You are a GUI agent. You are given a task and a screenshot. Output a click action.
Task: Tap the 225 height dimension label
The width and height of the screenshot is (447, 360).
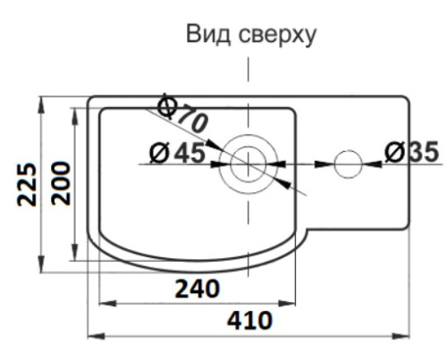click(29, 184)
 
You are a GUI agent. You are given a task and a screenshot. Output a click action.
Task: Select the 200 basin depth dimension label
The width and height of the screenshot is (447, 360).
click(60, 184)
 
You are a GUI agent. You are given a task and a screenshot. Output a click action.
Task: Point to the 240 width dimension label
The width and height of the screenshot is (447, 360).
click(198, 289)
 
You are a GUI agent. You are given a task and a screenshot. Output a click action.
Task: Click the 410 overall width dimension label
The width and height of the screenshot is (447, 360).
click(250, 319)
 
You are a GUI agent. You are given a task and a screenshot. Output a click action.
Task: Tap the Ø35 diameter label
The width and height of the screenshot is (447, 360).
click(412, 153)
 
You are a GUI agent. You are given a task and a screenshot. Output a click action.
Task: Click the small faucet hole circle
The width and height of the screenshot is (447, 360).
click(347, 163)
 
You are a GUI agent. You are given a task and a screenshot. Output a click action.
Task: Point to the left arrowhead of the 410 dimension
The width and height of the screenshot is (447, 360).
click(94, 335)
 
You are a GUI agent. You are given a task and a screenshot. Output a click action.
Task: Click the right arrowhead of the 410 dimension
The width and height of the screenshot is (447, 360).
click(404, 335)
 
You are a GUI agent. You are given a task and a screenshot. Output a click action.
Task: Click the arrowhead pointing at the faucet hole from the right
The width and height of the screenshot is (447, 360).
click(368, 163)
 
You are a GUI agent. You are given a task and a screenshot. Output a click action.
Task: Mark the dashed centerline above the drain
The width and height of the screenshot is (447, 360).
click(248, 71)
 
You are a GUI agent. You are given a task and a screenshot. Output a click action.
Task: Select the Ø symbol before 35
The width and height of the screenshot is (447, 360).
click(394, 153)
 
